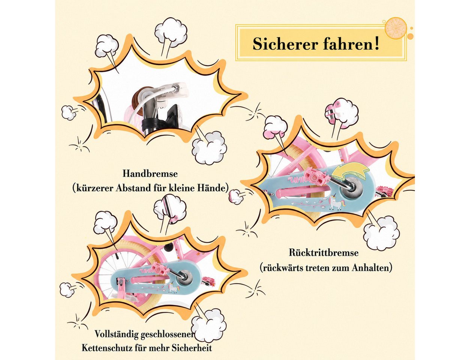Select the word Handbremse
(150, 174)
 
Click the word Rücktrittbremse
(324, 253)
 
